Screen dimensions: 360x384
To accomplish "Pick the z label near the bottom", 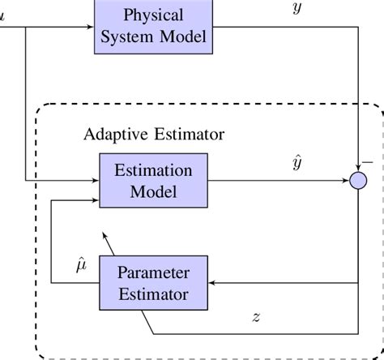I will (x=256, y=318).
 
